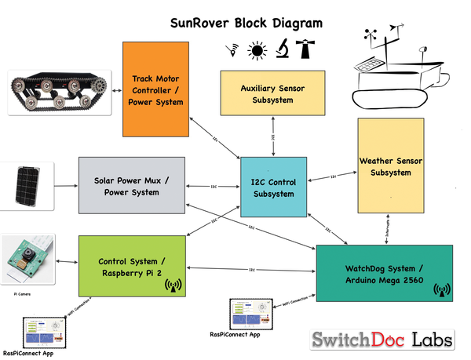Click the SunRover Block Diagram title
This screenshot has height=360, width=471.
246,23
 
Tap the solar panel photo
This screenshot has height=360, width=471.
28,186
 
